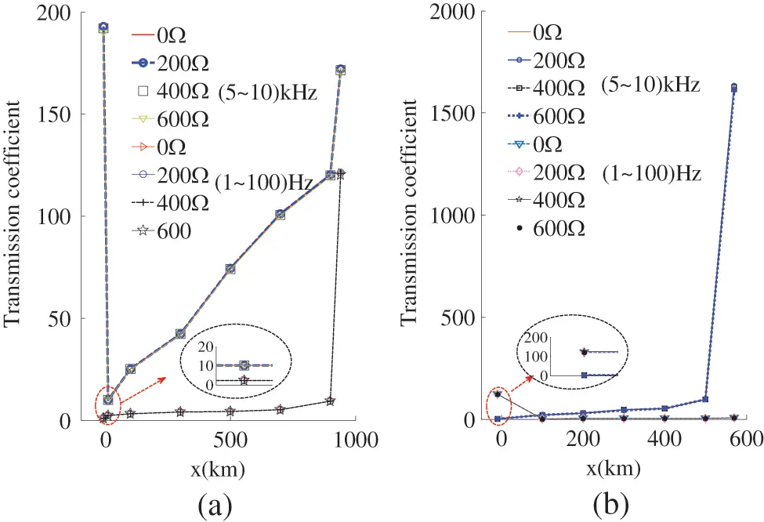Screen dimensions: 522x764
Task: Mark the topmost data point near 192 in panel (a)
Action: (103, 27)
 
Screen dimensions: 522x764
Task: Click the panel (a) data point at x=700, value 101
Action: (280, 214)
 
